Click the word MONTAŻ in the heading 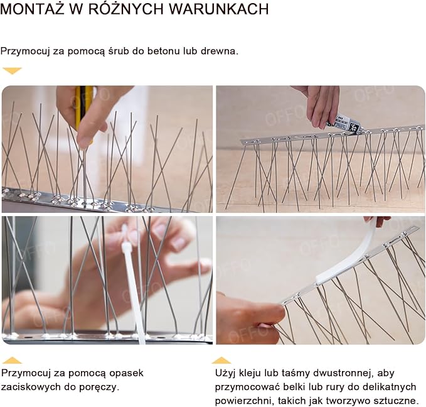click(33, 8)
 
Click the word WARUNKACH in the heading click(219, 9)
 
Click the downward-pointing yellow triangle click(12, 70)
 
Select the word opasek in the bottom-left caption click(126, 373)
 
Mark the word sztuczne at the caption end click(396, 401)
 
